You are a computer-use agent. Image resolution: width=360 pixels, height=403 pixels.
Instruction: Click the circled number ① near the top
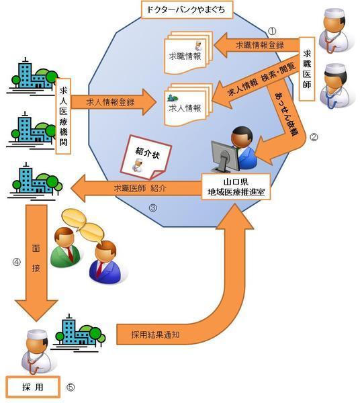coord(272,31)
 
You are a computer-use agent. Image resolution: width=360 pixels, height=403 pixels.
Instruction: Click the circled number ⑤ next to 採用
coord(71,388)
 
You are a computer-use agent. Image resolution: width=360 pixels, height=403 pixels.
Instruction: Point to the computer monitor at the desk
coord(222,156)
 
